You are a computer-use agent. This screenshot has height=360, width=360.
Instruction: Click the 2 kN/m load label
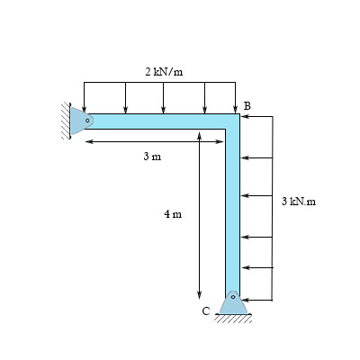click(x=163, y=71)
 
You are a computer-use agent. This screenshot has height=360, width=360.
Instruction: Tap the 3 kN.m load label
click(x=299, y=202)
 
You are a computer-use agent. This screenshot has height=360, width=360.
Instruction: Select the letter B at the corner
click(x=247, y=106)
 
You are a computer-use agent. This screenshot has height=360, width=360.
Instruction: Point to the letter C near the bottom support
click(x=206, y=311)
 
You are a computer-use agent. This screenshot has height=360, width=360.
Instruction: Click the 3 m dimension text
click(x=152, y=157)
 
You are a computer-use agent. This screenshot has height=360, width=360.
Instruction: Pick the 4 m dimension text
click(x=173, y=214)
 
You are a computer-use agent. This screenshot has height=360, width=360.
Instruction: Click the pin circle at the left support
click(x=88, y=120)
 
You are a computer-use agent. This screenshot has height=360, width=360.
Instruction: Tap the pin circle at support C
click(x=233, y=296)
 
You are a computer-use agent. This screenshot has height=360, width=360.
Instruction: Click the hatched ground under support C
click(x=234, y=318)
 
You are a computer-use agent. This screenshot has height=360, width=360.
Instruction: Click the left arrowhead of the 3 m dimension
click(x=87, y=140)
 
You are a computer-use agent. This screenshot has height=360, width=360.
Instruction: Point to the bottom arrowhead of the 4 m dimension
click(x=199, y=297)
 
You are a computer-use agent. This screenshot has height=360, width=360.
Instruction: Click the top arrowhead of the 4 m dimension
click(x=199, y=134)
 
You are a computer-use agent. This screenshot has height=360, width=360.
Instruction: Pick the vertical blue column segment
click(x=233, y=207)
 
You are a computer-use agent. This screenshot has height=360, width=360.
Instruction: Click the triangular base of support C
click(x=233, y=305)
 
